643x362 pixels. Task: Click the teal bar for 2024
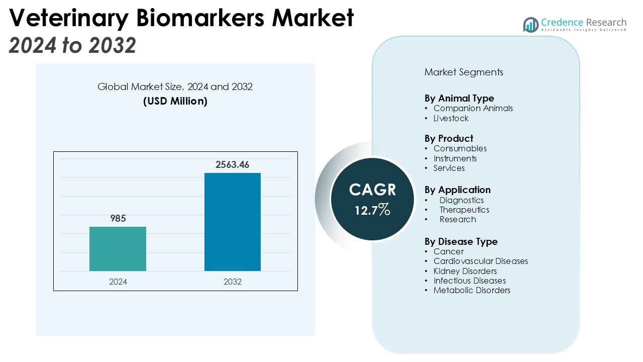click(x=118, y=249)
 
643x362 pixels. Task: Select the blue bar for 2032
click(x=232, y=222)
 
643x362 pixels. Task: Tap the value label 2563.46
click(x=232, y=164)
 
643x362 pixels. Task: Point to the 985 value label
click(x=118, y=218)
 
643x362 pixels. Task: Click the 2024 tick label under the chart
click(x=118, y=282)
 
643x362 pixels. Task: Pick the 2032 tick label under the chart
click(x=233, y=282)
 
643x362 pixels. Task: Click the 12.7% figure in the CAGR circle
click(x=372, y=209)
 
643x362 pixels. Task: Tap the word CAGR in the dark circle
click(x=372, y=190)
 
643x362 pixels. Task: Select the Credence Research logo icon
click(x=530, y=25)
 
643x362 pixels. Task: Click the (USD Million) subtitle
click(x=175, y=101)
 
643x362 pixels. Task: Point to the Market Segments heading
click(x=464, y=72)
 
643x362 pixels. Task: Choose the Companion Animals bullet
click(x=473, y=108)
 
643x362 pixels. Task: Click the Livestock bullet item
click(x=451, y=118)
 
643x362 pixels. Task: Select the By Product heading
click(x=449, y=138)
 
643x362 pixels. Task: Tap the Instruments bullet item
click(x=455, y=158)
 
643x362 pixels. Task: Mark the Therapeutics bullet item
click(x=464, y=210)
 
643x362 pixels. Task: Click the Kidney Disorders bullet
click(x=465, y=271)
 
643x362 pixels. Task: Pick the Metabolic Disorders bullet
click(x=472, y=290)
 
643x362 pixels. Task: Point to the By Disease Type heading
click(x=461, y=241)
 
